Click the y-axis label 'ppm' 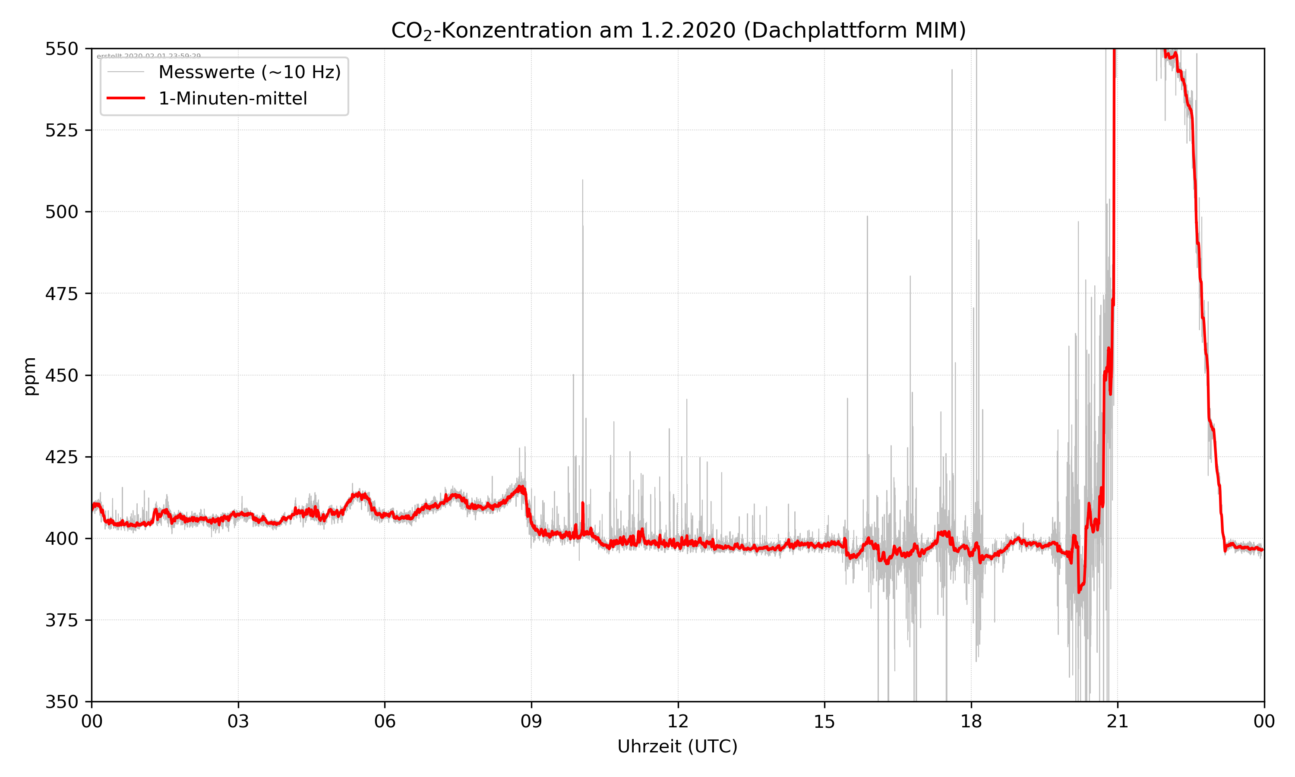point(30,376)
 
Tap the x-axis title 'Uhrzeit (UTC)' point(677,746)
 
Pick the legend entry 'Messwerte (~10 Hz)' point(249,72)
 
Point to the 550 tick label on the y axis point(61,49)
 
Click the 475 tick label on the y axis point(61,294)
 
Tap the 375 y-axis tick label point(61,620)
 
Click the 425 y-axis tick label point(61,457)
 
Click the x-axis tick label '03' point(238,721)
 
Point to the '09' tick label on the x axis point(531,721)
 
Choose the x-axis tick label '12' point(678,721)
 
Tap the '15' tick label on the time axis point(824,721)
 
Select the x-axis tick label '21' point(1118,721)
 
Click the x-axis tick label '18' point(971,721)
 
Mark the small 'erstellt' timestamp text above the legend point(148,56)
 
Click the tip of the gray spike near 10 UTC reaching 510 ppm point(583,180)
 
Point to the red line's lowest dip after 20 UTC point(1079,592)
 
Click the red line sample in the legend point(126,98)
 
